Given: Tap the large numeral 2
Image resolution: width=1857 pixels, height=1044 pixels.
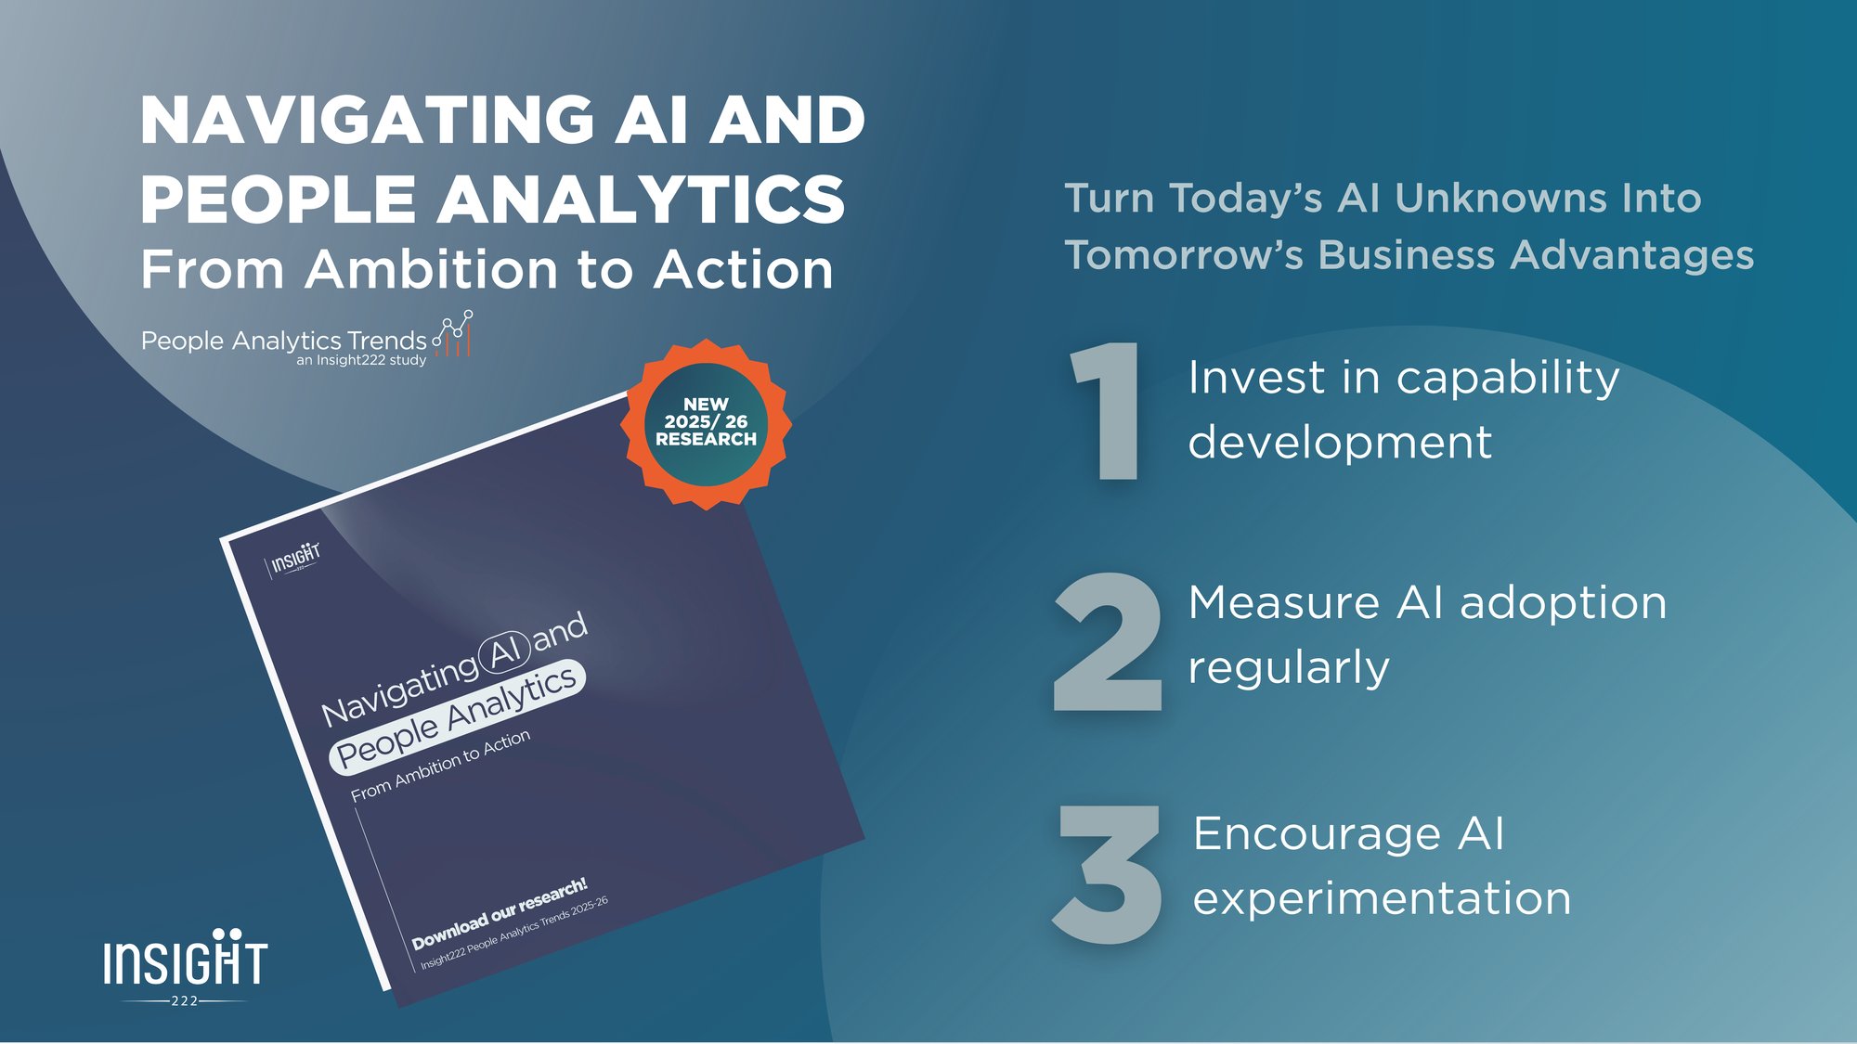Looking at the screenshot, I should (x=1108, y=642).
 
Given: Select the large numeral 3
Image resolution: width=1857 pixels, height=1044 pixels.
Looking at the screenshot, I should (x=1108, y=873).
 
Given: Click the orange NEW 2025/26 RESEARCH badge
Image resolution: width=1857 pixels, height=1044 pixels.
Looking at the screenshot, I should (x=706, y=423).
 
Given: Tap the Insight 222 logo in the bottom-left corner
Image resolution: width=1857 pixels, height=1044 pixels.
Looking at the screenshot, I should (x=185, y=966).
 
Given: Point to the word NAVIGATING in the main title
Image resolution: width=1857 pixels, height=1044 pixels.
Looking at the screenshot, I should (x=368, y=121).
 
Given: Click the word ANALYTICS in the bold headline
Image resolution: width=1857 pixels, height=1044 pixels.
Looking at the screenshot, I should (x=641, y=200).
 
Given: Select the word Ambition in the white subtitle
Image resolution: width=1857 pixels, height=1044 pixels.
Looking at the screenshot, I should (x=433, y=270).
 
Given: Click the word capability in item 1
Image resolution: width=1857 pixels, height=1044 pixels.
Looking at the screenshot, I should (x=1508, y=379).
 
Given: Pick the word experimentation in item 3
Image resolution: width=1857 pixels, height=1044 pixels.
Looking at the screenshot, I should (x=1382, y=899).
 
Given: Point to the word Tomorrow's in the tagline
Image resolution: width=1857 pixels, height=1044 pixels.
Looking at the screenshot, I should (x=1184, y=255).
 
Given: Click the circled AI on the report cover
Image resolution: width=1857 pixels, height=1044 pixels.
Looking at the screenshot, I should (x=504, y=651).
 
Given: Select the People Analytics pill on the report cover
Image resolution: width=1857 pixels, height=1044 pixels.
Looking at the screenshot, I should (x=457, y=717).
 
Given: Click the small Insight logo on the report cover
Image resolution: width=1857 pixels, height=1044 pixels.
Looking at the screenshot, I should (x=295, y=560).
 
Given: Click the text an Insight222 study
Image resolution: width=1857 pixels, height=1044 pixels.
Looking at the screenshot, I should (x=361, y=360).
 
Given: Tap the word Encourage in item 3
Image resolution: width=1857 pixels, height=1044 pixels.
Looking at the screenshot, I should (x=1317, y=833).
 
